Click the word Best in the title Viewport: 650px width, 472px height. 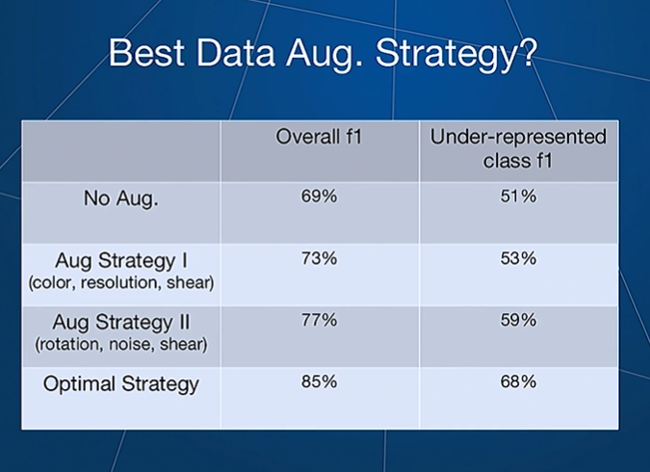pos(146,53)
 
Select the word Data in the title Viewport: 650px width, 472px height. pos(235,53)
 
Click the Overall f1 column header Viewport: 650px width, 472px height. pos(319,137)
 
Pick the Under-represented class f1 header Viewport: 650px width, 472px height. pos(518,149)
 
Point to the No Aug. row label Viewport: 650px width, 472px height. pos(121,198)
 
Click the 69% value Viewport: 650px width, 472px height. pos(319,197)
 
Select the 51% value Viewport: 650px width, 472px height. pos(518,197)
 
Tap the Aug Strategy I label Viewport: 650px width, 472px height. pos(121,261)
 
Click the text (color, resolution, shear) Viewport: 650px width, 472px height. pos(121,283)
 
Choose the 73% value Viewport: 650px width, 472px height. pos(319,258)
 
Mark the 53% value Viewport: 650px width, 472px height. pos(518,258)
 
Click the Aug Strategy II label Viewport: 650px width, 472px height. pos(121,323)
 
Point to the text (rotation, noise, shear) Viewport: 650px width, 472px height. pos(121,345)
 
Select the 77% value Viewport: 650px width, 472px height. pos(319,320)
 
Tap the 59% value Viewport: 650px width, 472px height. pos(518,320)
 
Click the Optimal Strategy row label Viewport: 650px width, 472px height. pos(121,384)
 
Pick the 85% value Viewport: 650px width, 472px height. pos(319,381)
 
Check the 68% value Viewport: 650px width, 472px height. pos(518,381)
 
